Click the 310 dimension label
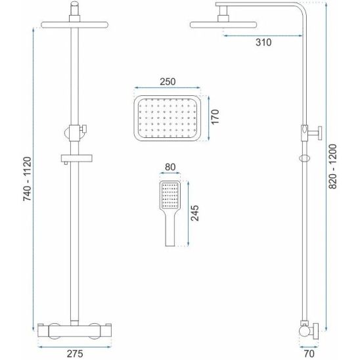[x=263, y=43]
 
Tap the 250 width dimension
[x=168, y=81]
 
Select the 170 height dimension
[x=215, y=117]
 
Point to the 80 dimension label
[x=170, y=167]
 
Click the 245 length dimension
[x=195, y=213]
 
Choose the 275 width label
[x=75, y=353]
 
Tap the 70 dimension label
[x=309, y=353]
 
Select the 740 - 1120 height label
[x=27, y=179]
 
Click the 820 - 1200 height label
[x=332, y=166]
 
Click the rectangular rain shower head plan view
[x=167, y=118]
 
